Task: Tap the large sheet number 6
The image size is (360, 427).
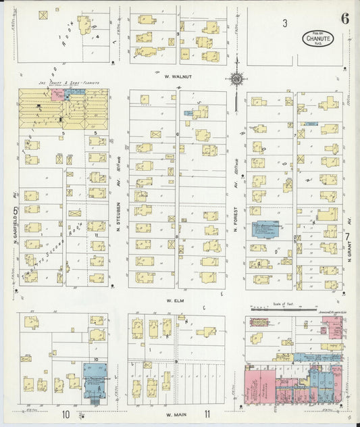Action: (x=345, y=18)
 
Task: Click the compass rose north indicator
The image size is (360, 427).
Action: (x=237, y=79)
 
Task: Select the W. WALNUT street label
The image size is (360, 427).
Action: (x=178, y=77)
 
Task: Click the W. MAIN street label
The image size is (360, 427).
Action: (x=177, y=413)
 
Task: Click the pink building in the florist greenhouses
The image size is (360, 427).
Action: (x=55, y=94)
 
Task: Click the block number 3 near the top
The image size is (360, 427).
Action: (x=285, y=24)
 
